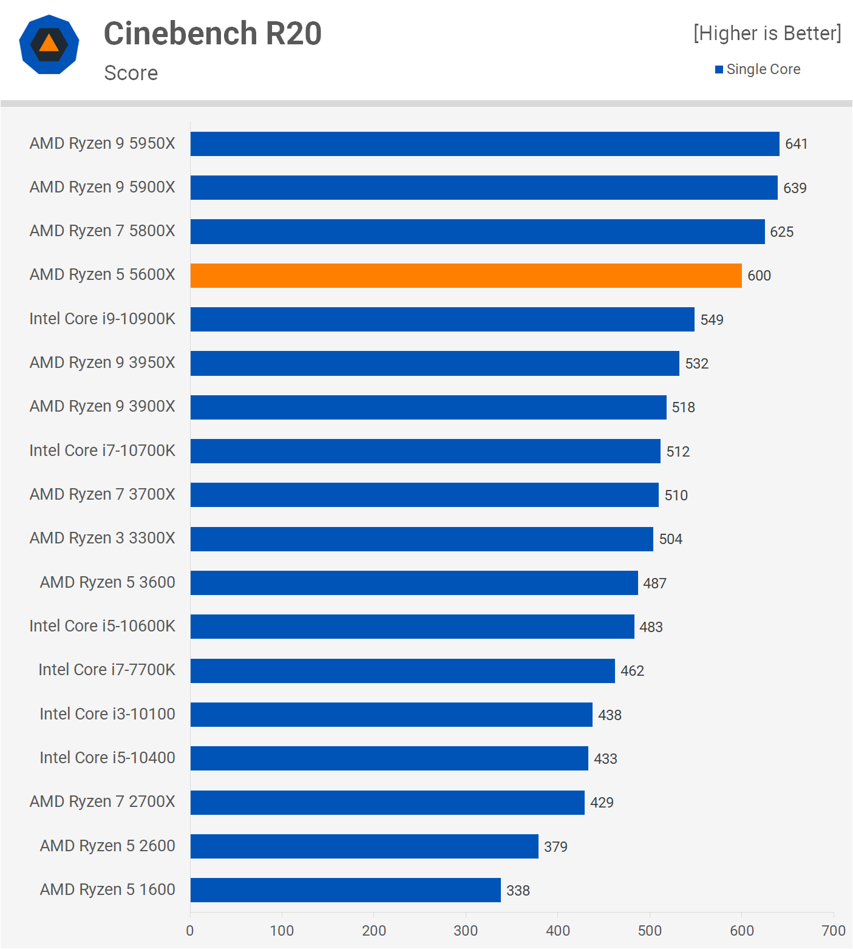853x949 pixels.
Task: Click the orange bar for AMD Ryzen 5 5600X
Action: tap(466, 276)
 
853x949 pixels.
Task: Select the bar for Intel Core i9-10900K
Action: tap(442, 319)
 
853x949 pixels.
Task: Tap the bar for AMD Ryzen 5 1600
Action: tap(345, 890)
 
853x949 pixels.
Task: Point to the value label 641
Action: tap(796, 144)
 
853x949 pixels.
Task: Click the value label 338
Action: tap(518, 891)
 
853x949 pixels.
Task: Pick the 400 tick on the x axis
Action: tap(557, 931)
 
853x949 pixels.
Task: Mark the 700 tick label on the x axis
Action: tap(833, 931)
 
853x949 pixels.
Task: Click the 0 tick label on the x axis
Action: tap(190, 931)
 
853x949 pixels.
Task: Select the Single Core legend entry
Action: tap(758, 69)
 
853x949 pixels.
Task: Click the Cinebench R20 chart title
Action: tap(212, 33)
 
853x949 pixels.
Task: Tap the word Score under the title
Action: tap(131, 73)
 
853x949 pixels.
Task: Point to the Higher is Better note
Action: tap(767, 33)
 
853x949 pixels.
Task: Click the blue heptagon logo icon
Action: tap(49, 44)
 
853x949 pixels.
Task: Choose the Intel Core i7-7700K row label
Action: tap(107, 670)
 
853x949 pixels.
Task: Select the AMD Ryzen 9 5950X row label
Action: tap(102, 143)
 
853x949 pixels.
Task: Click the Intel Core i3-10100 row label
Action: tap(107, 714)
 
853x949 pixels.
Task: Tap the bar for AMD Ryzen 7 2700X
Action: tap(387, 803)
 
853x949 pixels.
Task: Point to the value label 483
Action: tap(651, 627)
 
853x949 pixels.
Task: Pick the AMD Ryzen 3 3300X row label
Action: tap(102, 538)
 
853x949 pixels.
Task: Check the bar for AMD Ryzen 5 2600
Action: tap(364, 846)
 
